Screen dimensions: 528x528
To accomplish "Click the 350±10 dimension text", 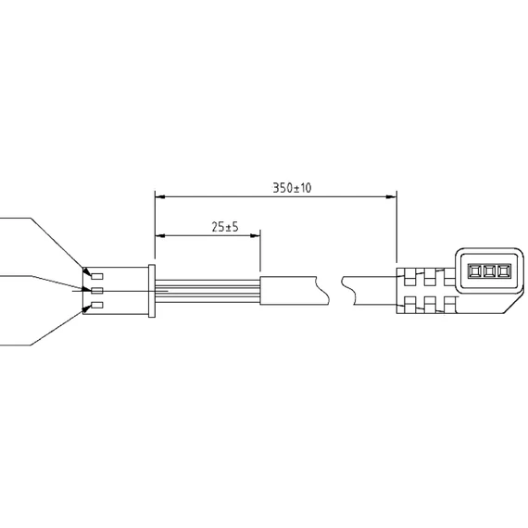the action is pos(292,188).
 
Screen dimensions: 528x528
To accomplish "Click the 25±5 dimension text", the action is pos(225,227).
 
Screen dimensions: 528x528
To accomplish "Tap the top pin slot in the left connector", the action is pos(97,276).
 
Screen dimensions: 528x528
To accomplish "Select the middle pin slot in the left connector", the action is pos(97,290).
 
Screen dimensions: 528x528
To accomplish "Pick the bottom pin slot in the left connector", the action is pos(97,305).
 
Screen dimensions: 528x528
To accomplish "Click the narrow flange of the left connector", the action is pos(152,291).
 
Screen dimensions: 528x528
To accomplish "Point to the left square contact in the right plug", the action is pos(473,270).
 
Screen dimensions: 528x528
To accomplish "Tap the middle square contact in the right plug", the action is pos(488,270).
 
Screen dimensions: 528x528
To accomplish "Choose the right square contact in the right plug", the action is pos(504,270).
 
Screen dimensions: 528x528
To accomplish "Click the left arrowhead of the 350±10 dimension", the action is pos(160,196).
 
